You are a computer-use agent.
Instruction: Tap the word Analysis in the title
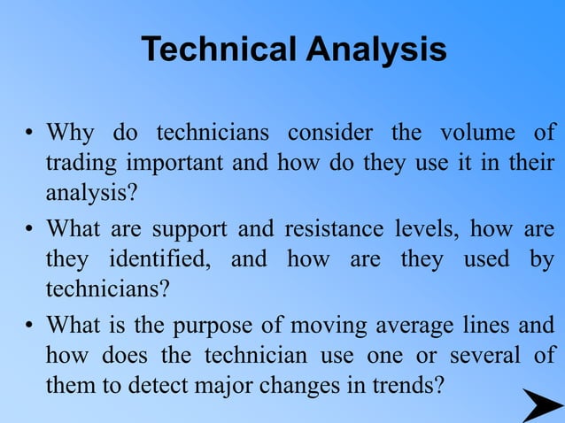pos(376,50)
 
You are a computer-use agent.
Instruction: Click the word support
pos(184,229)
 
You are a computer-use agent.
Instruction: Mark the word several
pos(491,356)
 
